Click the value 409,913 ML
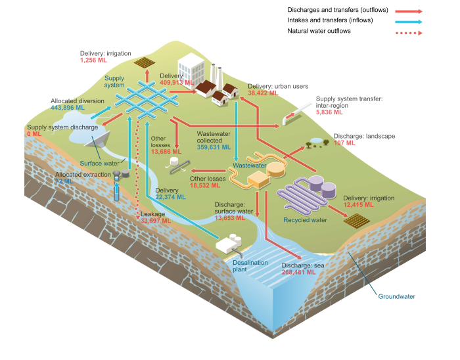click(x=176, y=83)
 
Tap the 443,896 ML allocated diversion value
click(x=68, y=108)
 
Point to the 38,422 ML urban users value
click(x=263, y=93)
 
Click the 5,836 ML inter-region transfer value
click(x=329, y=112)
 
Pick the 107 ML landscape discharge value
click(x=344, y=143)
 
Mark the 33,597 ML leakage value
click(x=156, y=221)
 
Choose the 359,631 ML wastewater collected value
click(x=214, y=147)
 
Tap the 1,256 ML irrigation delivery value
click(x=93, y=60)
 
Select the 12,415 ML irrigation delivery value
click(x=358, y=205)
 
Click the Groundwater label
click(x=396, y=296)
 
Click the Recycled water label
click(x=305, y=220)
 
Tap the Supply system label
click(x=114, y=81)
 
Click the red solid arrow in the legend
click(x=408, y=11)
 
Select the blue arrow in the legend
click(x=408, y=22)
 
